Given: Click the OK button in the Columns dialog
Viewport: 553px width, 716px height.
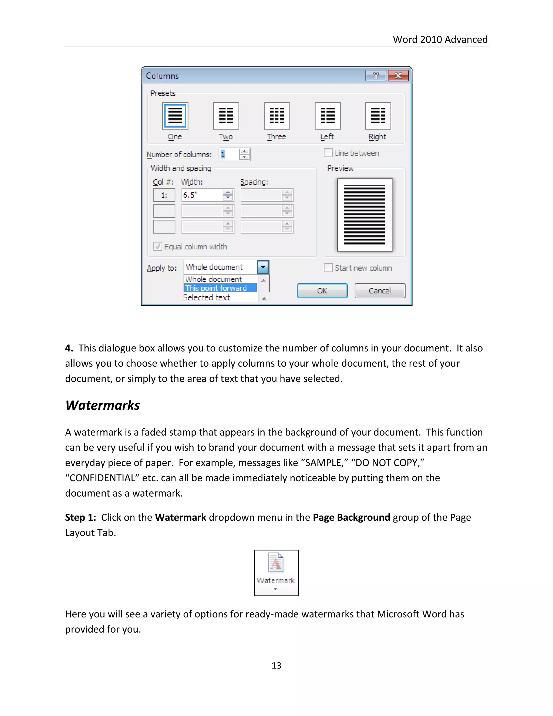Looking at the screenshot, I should [322, 291].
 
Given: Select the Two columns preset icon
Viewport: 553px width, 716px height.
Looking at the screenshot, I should [226, 116].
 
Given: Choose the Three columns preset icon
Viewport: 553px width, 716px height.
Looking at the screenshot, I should [277, 116].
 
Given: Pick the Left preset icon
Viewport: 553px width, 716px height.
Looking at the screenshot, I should [328, 116].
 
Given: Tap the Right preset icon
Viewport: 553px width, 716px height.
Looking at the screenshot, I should [378, 116].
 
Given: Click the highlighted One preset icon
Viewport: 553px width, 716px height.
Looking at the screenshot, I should [175, 116].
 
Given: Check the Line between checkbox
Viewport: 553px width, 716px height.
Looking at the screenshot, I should [328, 153].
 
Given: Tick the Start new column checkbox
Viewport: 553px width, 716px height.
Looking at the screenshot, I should [328, 268].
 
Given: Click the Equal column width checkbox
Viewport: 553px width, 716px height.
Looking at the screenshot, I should [158, 246].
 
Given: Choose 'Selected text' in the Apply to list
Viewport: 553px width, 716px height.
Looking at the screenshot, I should [207, 297].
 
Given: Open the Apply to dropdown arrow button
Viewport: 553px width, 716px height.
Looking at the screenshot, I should [263, 267].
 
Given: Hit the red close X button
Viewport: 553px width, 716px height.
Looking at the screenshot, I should [398, 76].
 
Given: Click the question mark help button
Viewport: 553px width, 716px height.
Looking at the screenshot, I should [376, 76].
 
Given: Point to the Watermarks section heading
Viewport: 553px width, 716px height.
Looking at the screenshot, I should [103, 405].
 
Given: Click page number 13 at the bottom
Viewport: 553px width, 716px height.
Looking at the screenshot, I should [276, 665].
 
